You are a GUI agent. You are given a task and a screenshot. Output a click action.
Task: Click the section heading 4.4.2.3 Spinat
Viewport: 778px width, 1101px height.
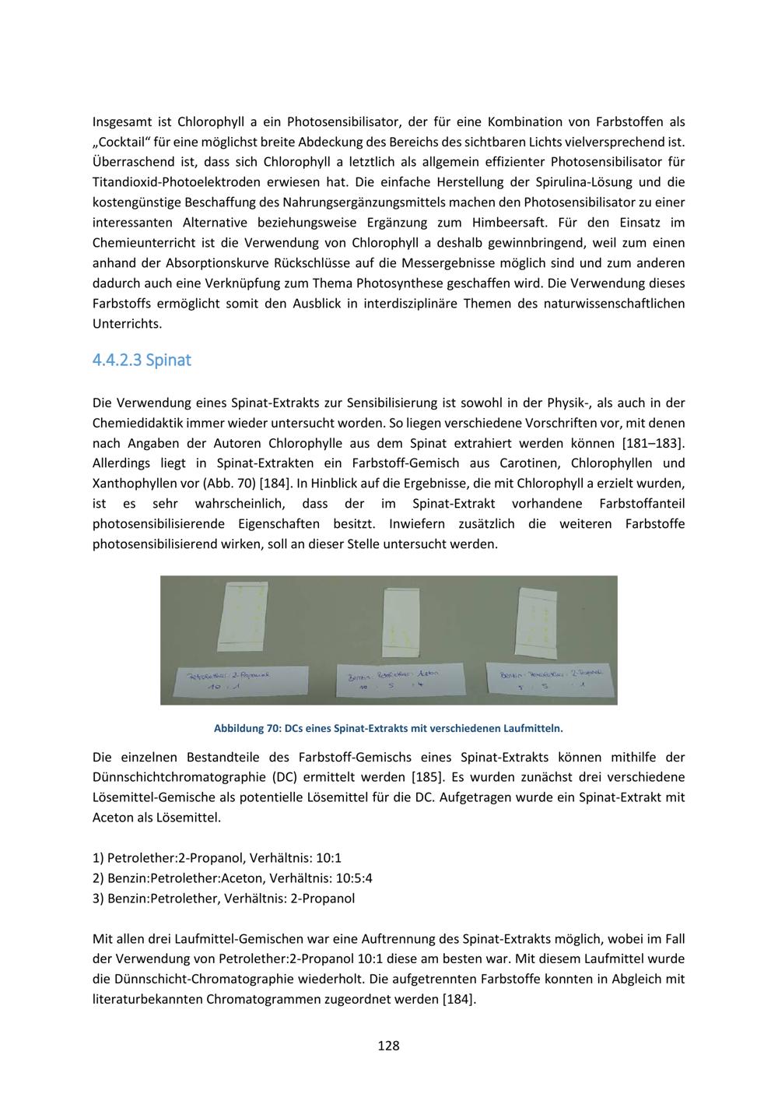tap(142, 361)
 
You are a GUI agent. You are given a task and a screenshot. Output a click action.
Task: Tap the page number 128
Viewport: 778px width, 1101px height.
tap(388, 1046)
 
